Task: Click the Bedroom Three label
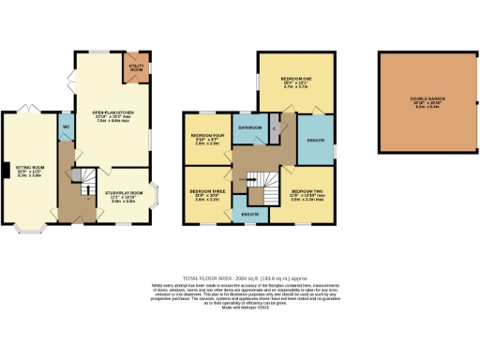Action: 206,193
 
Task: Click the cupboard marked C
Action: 274,128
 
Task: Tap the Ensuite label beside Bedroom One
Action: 315,141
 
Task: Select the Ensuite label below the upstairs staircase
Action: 249,215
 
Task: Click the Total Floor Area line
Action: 239,279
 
